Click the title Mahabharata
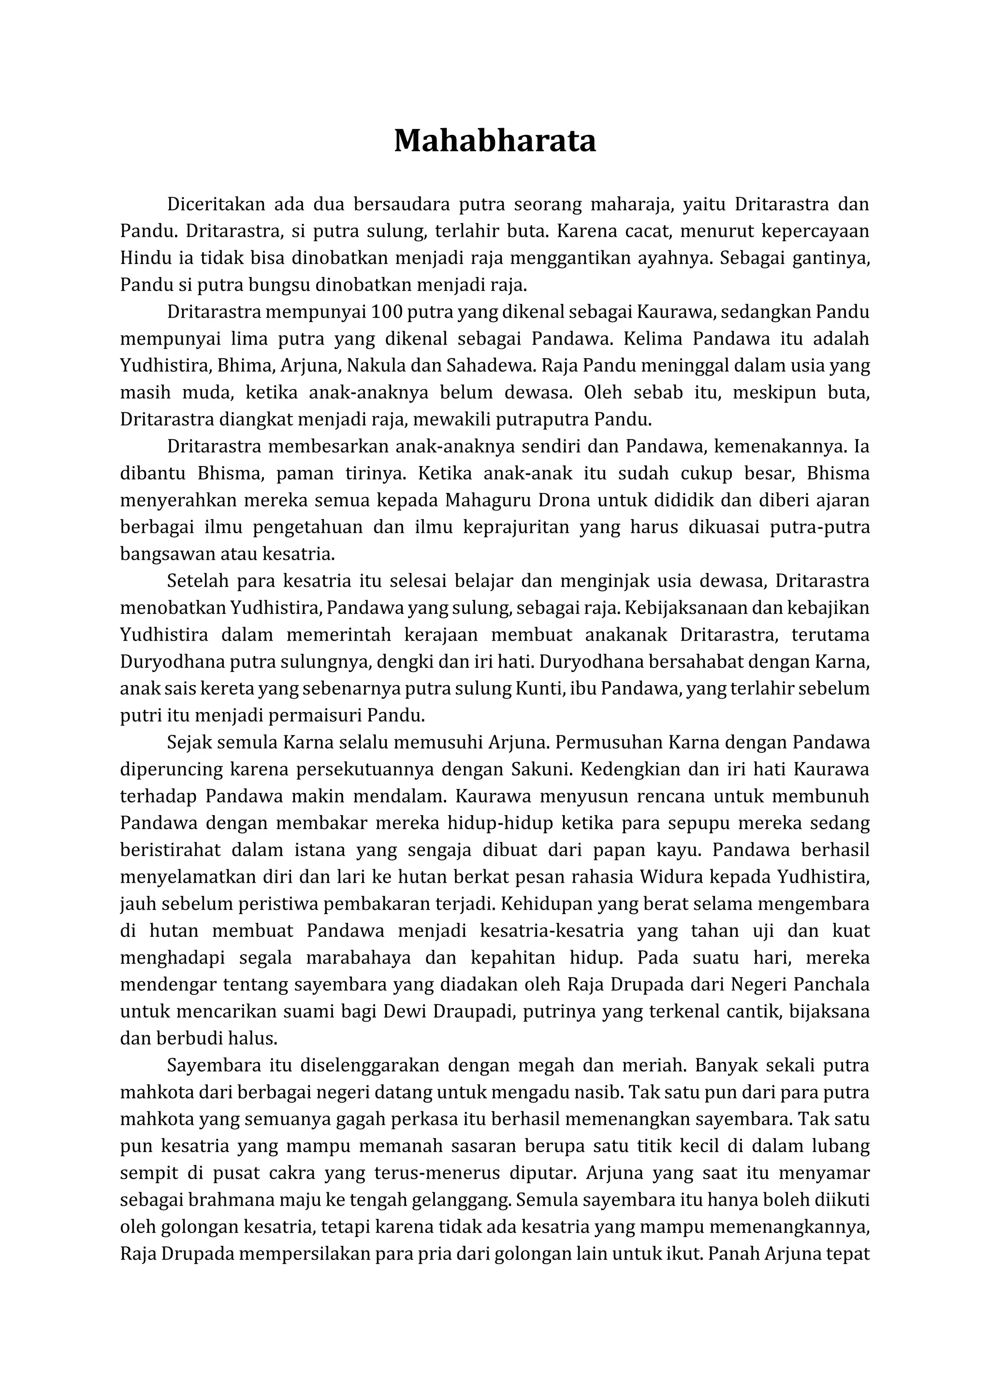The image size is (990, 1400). pyautogui.click(x=495, y=141)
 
